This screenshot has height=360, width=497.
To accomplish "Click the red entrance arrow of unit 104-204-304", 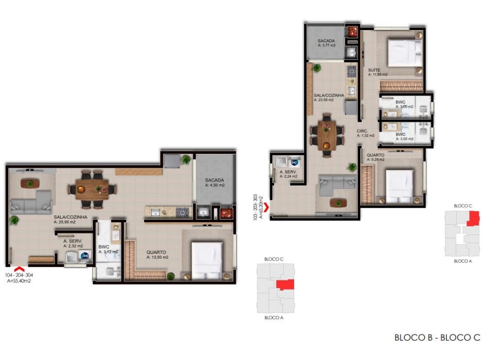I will coord(19,268).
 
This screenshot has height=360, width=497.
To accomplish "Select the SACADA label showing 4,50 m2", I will coord(215,182).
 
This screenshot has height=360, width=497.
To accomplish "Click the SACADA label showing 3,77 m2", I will coord(327,43).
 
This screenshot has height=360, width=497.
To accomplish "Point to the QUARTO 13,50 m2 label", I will coord(157,254).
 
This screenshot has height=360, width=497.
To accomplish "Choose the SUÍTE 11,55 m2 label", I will coord(377,72).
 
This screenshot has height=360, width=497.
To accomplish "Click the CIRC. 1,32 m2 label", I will coord(365,133).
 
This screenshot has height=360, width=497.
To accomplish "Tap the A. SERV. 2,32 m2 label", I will coord(73,243).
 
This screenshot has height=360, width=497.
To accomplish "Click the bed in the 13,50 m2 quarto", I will coord(207,261).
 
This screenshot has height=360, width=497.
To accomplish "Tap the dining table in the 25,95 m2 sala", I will coord(92,188).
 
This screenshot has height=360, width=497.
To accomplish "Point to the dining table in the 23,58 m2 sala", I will coord(327,134).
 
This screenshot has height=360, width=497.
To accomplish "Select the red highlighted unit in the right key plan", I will coord(473,218).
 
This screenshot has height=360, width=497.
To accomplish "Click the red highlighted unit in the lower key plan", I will coord(285,285).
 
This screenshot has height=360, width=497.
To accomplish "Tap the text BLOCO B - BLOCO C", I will coord(437,338).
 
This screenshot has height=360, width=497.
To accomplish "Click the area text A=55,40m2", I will coord(19,280).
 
